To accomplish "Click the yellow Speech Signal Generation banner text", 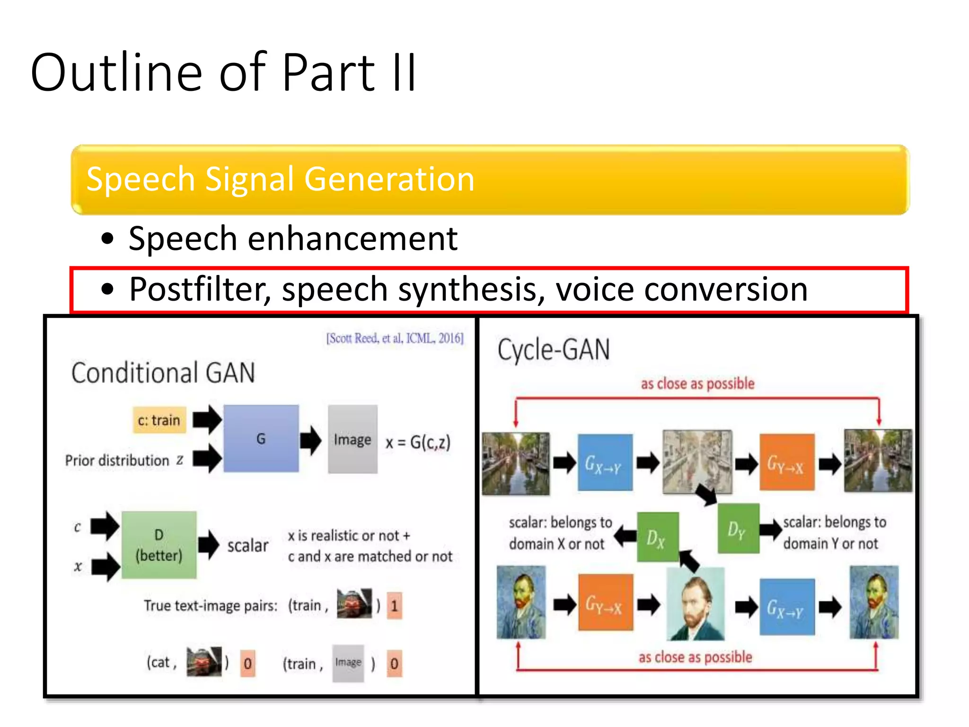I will (280, 179).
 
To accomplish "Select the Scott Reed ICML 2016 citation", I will (395, 338).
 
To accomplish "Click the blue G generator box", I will (261, 438).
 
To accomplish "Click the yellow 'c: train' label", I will (159, 420).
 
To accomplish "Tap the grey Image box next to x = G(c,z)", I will (352, 439).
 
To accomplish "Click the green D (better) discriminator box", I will (159, 545).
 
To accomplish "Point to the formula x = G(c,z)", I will (418, 443).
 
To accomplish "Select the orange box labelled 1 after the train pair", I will (394, 605).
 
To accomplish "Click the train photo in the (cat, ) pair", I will (204, 661).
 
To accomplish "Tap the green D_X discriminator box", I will (657, 537).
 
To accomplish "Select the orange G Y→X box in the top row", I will (786, 462).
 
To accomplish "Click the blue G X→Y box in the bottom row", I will (786, 607).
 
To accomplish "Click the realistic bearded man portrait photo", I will (695, 604).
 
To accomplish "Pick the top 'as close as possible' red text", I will (697, 384).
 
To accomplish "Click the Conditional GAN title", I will (163, 373).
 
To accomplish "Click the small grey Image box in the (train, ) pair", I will (348, 663).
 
